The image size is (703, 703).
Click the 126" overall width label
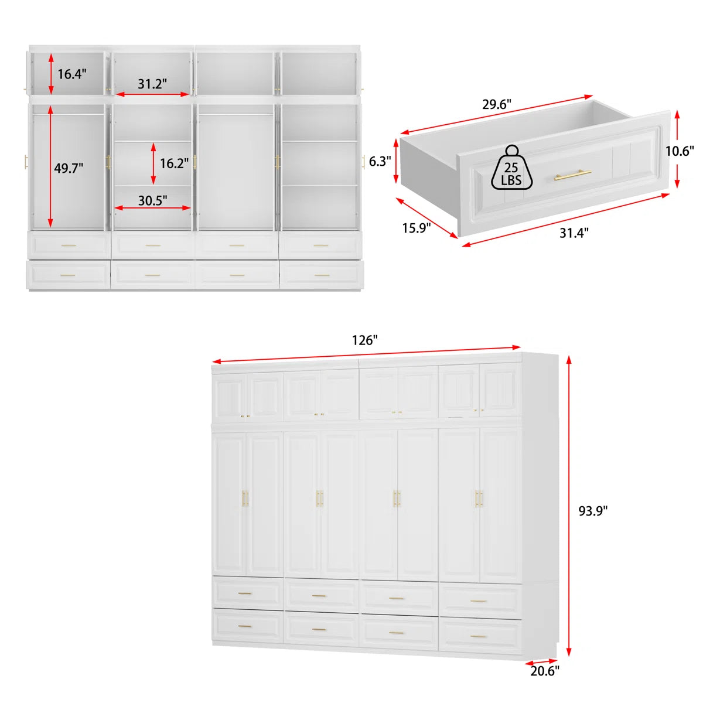click(364, 340)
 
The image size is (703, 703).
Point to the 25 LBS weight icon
click(511, 168)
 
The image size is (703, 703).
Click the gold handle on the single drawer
click(573, 175)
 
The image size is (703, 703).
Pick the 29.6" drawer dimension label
click(497, 104)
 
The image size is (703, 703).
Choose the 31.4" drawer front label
click(574, 233)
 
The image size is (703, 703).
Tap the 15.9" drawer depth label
click(417, 228)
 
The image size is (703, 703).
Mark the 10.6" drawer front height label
click(680, 151)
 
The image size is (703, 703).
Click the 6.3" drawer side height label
click(380, 161)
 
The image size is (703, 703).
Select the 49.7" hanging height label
click(69, 168)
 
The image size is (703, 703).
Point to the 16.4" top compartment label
click(72, 74)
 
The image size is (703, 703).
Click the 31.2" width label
click(152, 84)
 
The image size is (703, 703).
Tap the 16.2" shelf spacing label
click(174, 163)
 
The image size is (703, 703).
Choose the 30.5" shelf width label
click(152, 200)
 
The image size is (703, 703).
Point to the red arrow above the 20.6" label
click(541, 661)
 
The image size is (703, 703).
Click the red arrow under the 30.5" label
click(152, 208)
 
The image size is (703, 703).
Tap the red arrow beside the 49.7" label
click(50, 167)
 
